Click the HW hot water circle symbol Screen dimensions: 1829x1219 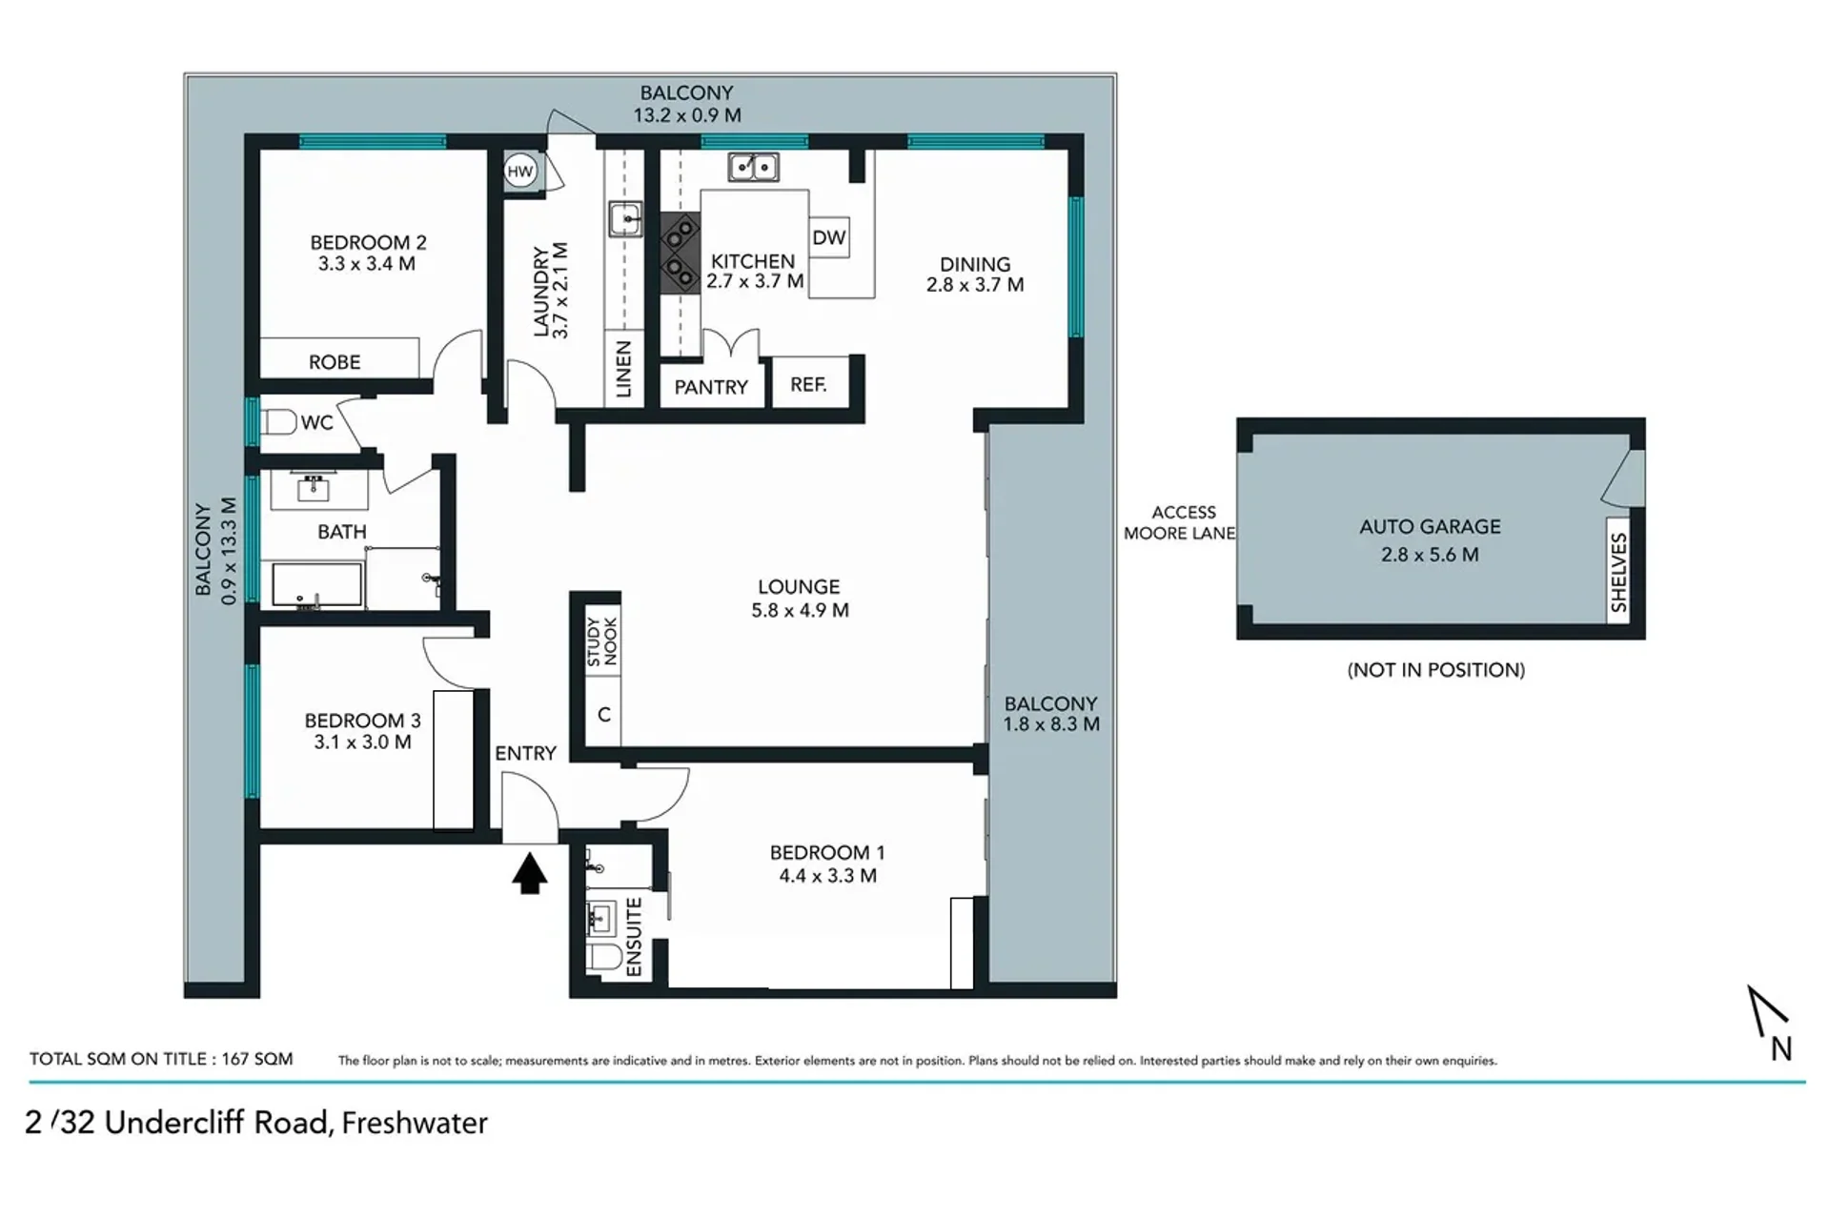pyautogui.click(x=519, y=172)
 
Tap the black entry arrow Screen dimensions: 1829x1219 pyautogui.click(x=529, y=873)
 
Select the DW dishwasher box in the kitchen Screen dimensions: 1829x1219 pyautogui.click(x=829, y=237)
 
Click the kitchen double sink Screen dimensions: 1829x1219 pyautogui.click(x=753, y=167)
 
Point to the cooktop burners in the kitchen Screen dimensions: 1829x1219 pyautogui.click(x=681, y=252)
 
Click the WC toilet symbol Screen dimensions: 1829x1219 pyautogui.click(x=279, y=421)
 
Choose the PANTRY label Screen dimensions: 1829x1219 pyautogui.click(x=711, y=387)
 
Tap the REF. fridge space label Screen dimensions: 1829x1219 pyautogui.click(x=808, y=384)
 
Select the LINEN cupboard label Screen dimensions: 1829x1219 pyautogui.click(x=623, y=369)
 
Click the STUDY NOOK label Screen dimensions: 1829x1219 pyautogui.click(x=601, y=641)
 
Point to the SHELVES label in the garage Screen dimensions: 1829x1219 pyautogui.click(x=1618, y=572)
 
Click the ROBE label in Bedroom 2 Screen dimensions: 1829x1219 pyautogui.click(x=335, y=362)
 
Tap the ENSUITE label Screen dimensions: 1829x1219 pyautogui.click(x=634, y=937)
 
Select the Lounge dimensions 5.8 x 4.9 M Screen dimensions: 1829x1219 pyautogui.click(x=800, y=610)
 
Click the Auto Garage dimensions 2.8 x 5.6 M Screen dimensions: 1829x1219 pyautogui.click(x=1430, y=555)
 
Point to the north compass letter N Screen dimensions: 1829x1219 pyautogui.click(x=1781, y=1048)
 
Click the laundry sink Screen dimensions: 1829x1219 pyautogui.click(x=625, y=219)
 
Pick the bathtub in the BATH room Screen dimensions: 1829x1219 pyautogui.click(x=316, y=584)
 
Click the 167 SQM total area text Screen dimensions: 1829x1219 pyautogui.click(x=257, y=1059)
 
